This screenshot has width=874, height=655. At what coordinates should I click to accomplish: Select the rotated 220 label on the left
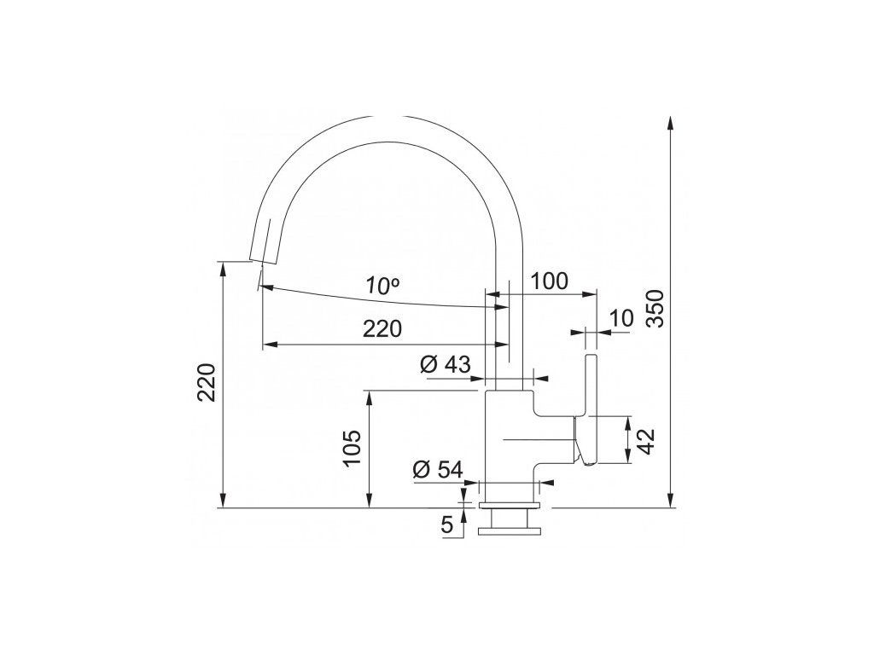[207, 382]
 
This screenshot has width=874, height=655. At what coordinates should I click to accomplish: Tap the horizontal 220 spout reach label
[382, 329]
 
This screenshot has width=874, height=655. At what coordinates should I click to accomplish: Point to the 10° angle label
[382, 286]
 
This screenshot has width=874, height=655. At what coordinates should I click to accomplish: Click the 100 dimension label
[549, 281]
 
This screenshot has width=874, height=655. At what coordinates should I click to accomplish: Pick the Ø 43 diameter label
[445, 364]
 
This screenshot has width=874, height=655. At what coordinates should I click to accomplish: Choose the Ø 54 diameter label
[438, 470]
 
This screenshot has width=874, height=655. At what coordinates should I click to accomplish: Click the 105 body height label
[352, 449]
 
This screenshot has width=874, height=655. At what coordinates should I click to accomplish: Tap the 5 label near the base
[447, 525]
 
